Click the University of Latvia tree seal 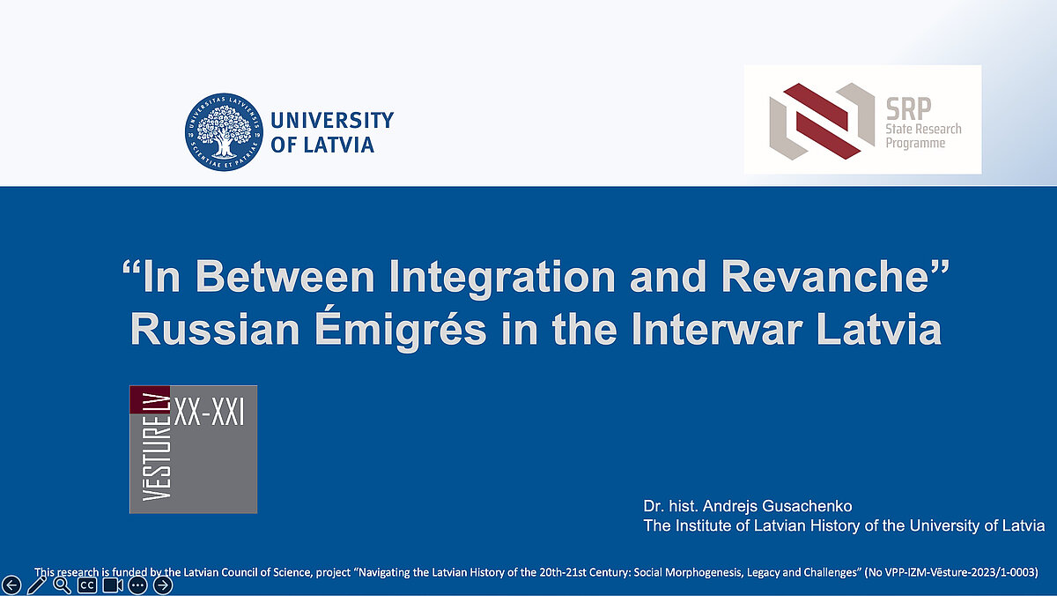224,131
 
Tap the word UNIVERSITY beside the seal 332,121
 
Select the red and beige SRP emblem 822,122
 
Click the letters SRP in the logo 908,109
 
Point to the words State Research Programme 923,136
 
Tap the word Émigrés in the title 401,329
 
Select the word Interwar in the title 717,329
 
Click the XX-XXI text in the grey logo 209,413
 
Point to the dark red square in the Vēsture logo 150,399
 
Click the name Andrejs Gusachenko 777,506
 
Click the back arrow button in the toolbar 11,585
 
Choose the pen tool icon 37,585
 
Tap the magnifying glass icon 62,585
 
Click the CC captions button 87,585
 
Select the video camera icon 113,585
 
